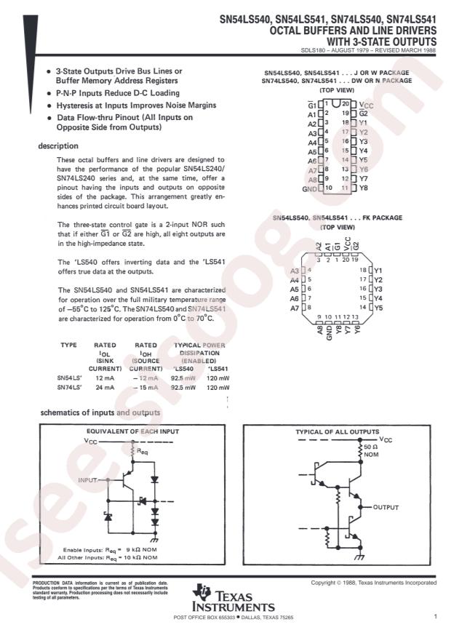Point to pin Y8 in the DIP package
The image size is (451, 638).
pos(363,188)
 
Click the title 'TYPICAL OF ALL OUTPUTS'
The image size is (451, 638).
pos(337,431)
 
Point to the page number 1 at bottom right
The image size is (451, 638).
pos(434,617)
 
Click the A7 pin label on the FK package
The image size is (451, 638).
pos(295,308)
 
